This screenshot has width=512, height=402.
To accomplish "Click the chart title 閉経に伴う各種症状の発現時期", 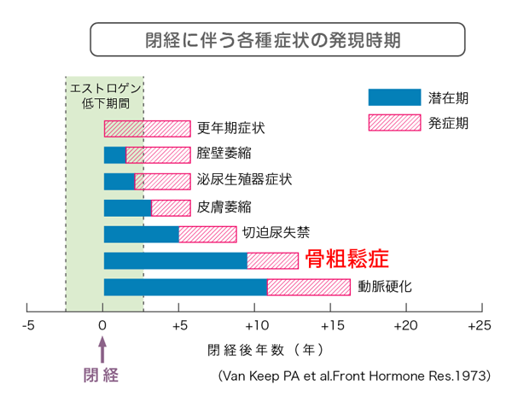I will (277, 40).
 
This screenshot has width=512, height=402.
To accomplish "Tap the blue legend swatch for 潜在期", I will (394, 97).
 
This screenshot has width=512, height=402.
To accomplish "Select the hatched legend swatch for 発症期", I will (394, 123).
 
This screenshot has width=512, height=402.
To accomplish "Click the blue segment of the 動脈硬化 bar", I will (185, 288).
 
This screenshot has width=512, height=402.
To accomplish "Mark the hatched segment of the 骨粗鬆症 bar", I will (272, 261).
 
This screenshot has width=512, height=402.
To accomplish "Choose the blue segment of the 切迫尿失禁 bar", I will (141, 234).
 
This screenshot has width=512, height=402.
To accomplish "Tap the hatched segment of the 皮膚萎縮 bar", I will (171, 207).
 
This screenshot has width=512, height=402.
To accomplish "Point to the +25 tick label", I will (480, 326).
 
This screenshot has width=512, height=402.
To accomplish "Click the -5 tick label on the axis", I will (27, 326).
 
